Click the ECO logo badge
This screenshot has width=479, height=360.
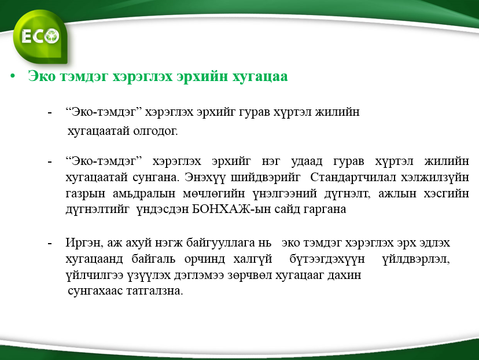click(40, 36)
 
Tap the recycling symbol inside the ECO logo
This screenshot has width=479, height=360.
click(52, 36)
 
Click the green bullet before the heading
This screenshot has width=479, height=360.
click(13, 76)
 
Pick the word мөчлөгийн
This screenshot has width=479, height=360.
click(214, 193)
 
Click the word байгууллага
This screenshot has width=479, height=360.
click(220, 243)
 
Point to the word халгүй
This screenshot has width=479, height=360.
click(253, 259)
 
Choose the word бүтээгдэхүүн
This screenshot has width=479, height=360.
click(327, 259)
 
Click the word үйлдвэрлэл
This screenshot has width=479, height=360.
click(416, 259)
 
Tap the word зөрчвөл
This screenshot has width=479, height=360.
click(249, 275)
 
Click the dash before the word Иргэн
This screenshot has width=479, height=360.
click(50, 244)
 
